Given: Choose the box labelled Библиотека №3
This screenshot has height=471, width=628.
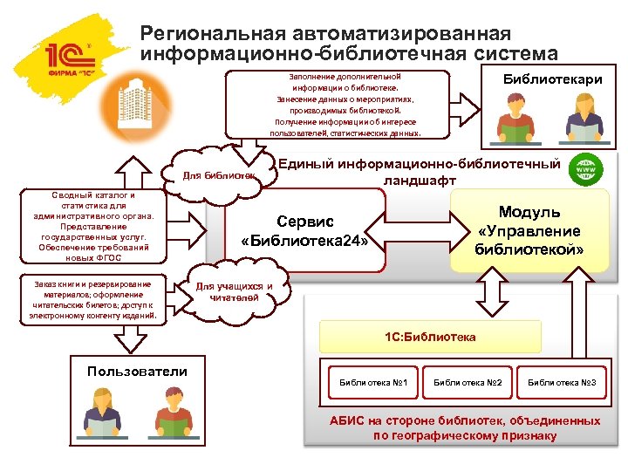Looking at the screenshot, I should (562, 382).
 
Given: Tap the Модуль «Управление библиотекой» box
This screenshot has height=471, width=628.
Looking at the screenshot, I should (529, 231).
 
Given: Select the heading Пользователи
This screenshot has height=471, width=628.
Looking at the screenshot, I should (137, 372).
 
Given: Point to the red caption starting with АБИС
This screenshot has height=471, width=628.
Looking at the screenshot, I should (464, 427).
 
